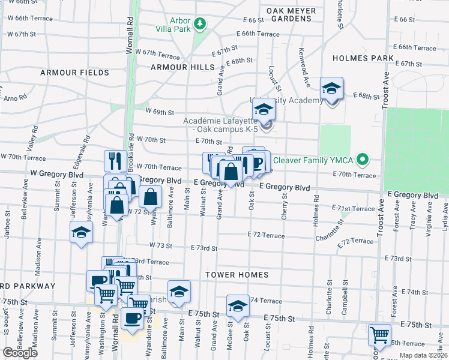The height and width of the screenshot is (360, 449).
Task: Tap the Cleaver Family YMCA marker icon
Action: point(362,160)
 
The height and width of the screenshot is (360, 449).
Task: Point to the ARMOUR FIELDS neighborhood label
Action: point(74,73)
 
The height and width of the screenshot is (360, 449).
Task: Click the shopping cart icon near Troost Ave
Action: point(379,335)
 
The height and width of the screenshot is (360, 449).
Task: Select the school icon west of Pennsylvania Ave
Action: point(82,232)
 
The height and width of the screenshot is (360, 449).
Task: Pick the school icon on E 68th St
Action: point(331,89)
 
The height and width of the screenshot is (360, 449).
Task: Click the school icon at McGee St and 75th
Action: point(238,306)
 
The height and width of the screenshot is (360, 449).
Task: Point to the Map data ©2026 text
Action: point(424,355)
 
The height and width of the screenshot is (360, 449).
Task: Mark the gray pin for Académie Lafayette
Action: point(268,125)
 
